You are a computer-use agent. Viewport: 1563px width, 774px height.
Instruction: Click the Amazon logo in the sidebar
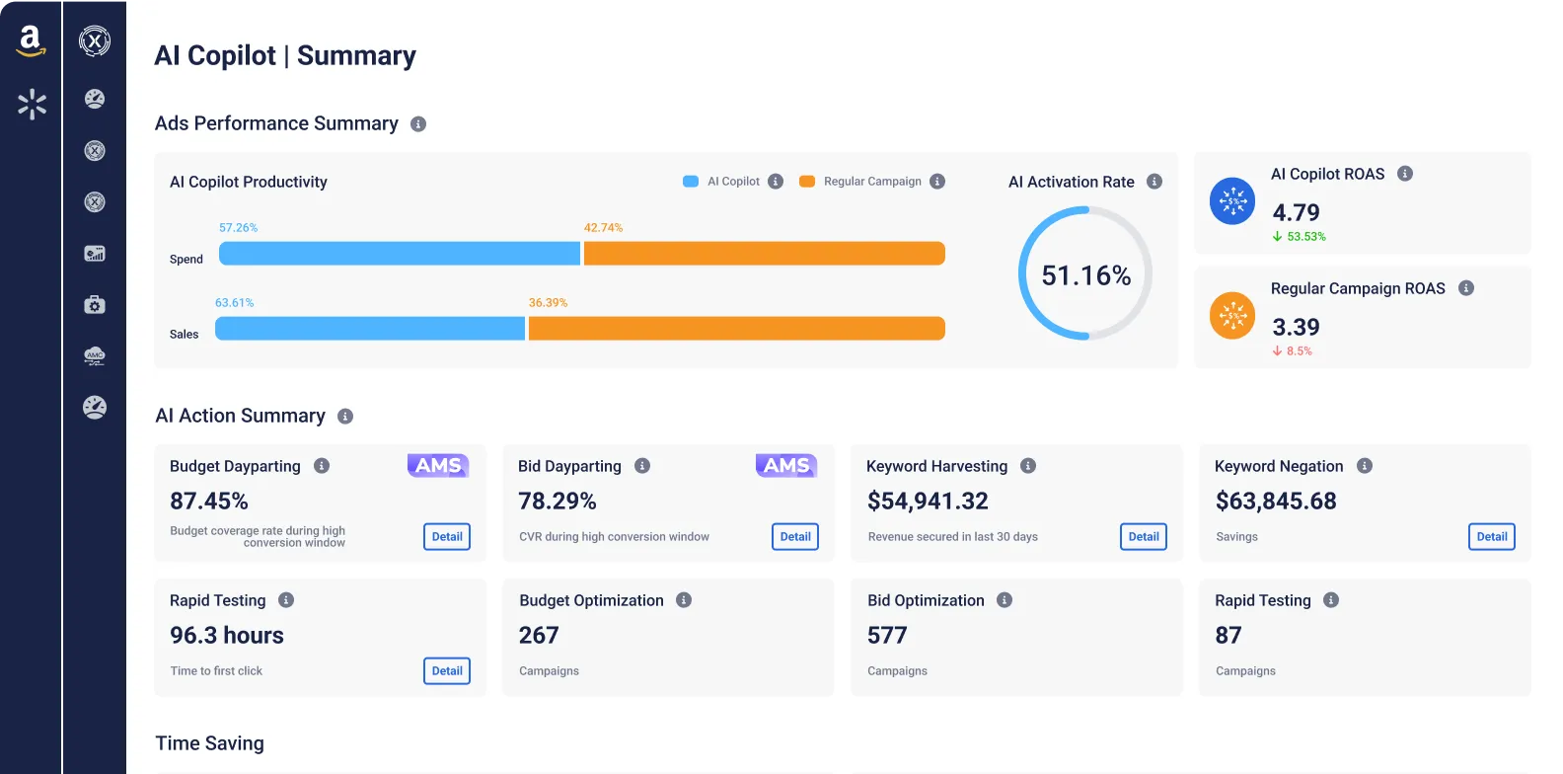[31, 41]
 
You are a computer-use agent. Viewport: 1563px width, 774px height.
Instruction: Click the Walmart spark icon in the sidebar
[32, 104]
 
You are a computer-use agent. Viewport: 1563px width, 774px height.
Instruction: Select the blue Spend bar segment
[400, 254]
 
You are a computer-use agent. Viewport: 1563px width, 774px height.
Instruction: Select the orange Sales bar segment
[736, 329]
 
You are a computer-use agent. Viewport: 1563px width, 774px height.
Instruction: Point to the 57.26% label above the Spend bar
[238, 228]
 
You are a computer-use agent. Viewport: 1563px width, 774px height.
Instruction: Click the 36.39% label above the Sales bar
[548, 303]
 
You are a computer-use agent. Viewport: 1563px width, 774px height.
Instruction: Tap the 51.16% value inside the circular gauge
[1085, 275]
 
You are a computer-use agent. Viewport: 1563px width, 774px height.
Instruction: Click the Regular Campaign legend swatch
[807, 182]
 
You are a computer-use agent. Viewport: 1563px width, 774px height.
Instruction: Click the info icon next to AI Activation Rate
[1154, 182]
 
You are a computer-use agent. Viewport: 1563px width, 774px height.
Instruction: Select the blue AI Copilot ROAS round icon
[1232, 201]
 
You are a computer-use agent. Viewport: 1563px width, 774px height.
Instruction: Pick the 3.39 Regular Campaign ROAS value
[1296, 327]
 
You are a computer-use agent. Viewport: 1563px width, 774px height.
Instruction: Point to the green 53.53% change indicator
[1300, 237]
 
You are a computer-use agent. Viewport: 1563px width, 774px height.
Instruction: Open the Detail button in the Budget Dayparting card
[447, 537]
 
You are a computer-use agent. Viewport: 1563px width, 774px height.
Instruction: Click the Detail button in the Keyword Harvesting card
[1144, 537]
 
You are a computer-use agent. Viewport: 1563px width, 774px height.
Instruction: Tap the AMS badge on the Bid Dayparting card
[786, 465]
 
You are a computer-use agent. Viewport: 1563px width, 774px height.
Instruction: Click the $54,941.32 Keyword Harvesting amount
[928, 502]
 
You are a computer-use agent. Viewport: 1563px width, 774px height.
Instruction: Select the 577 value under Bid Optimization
[887, 636]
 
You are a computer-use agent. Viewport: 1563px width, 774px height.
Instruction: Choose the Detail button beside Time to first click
[447, 671]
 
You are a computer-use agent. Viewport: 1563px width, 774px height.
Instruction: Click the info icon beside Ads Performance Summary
[418, 124]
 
